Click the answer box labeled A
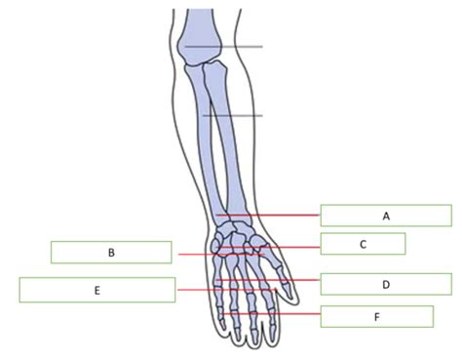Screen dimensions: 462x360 [x=386, y=215]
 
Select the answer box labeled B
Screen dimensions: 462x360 [x=112, y=252]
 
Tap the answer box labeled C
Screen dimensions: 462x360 [x=362, y=244]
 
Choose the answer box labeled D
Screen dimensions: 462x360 [x=385, y=284]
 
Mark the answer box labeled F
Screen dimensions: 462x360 [x=376, y=316]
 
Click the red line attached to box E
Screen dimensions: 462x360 [x=195, y=290]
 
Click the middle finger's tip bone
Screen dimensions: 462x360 [x=251, y=337]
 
